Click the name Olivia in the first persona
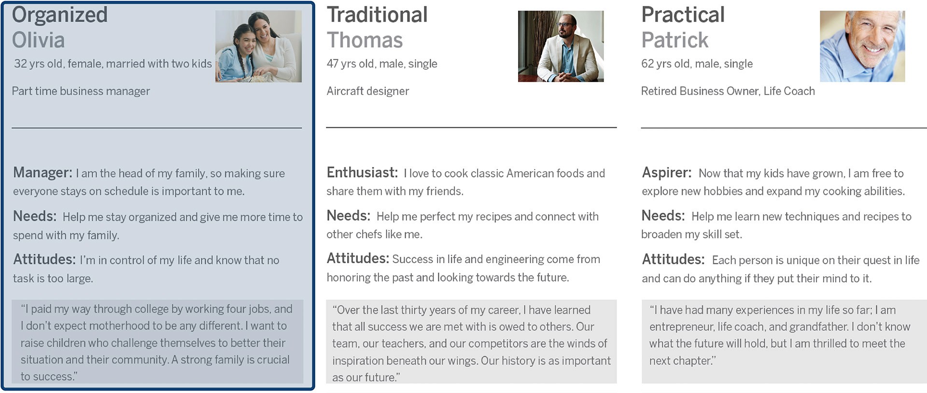tap(38, 40)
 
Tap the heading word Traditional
tap(377, 14)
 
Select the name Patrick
tap(674, 40)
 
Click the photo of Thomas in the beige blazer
tap(561, 46)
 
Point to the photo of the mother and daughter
tap(258, 46)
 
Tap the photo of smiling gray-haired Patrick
tap(862, 46)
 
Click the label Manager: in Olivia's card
tap(42, 173)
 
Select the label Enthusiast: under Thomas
tap(362, 173)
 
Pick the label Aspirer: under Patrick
tap(666, 173)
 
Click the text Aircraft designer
tap(367, 91)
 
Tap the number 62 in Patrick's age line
tap(647, 64)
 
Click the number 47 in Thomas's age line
tap(333, 64)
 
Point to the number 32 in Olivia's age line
tap(20, 64)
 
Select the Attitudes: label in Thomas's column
tap(358, 258)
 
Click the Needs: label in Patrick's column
tap(663, 216)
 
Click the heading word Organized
tap(59, 15)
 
